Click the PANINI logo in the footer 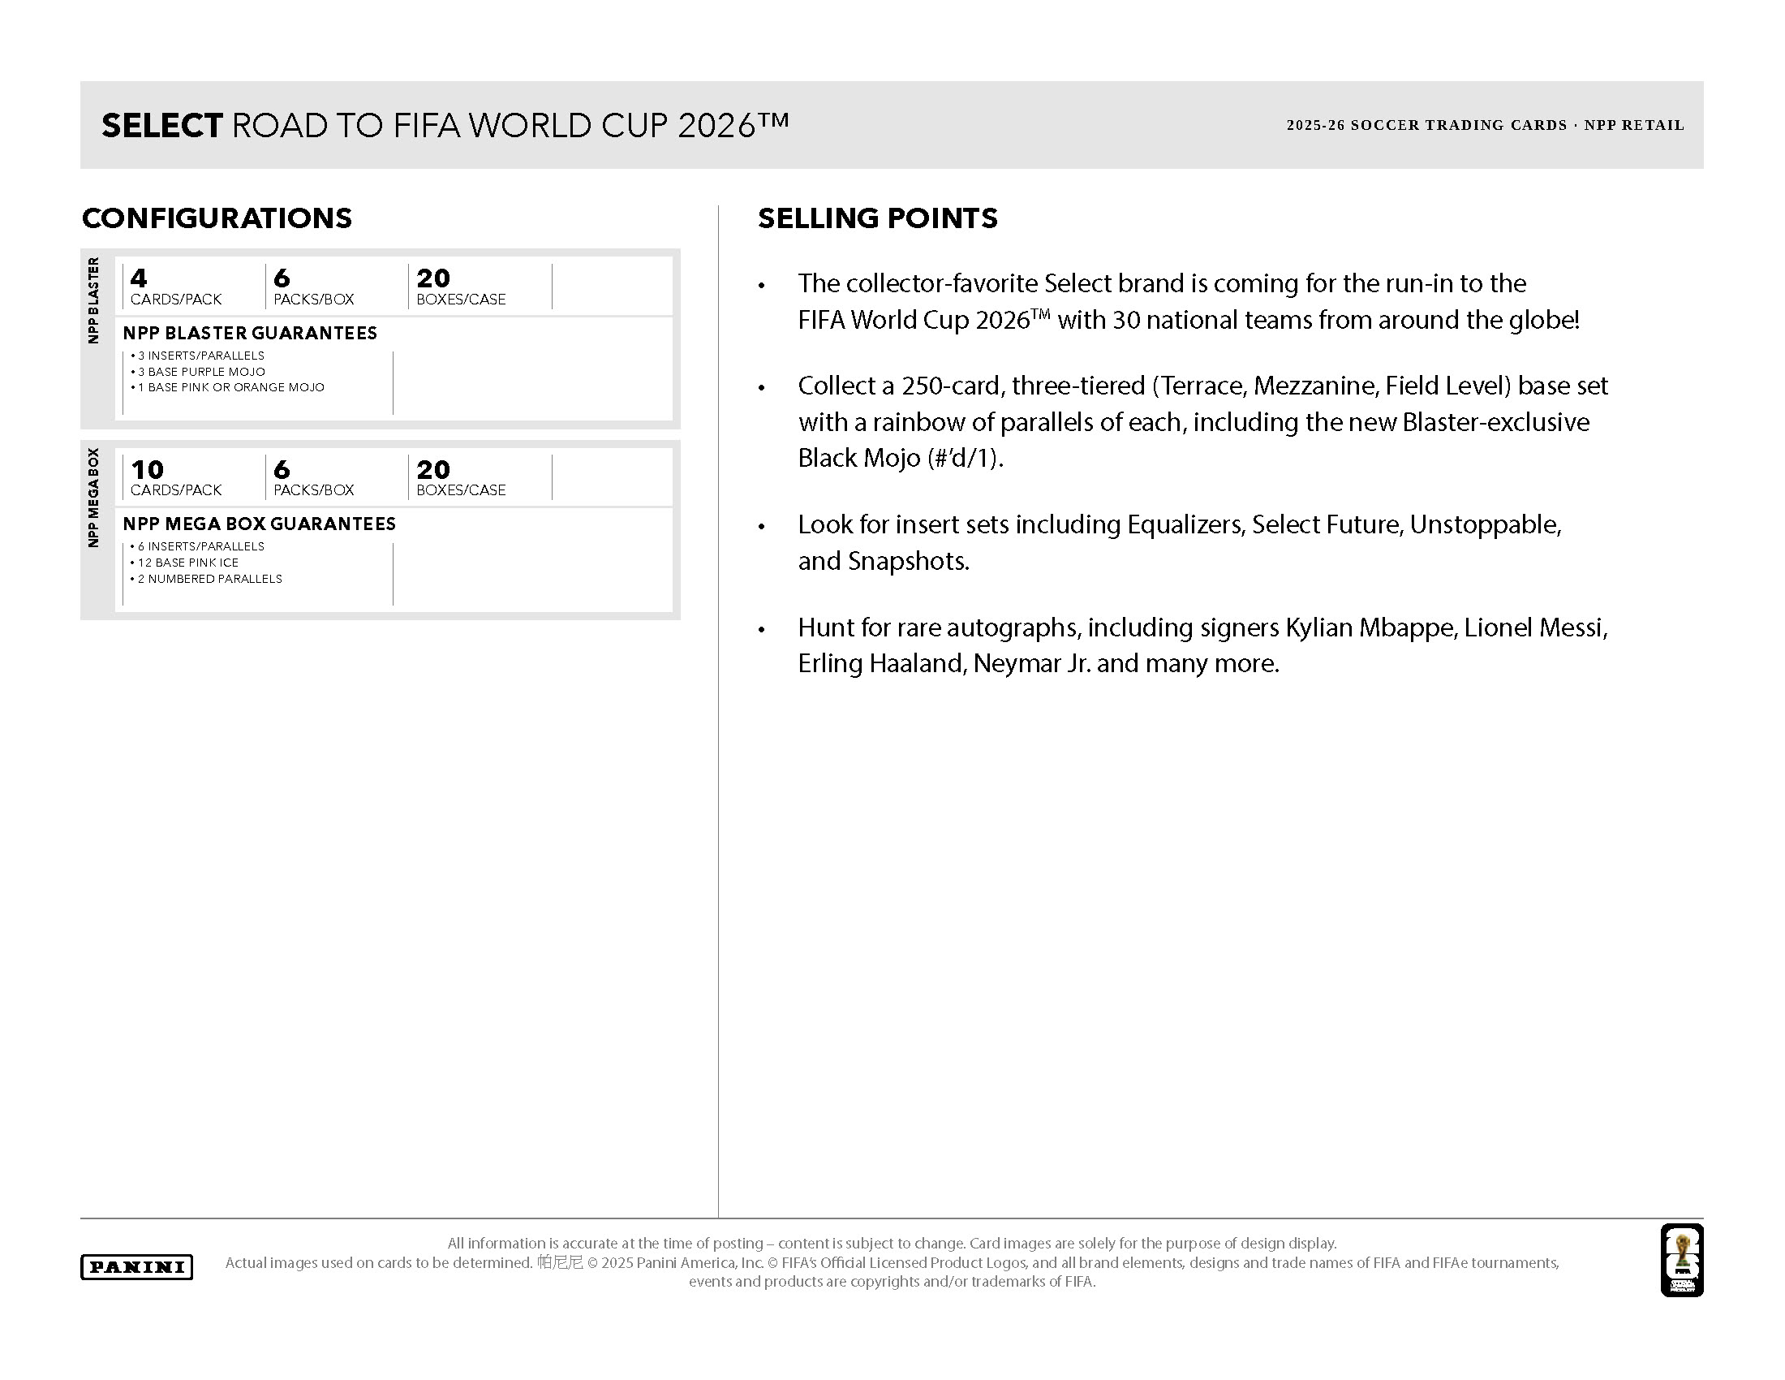(x=136, y=1266)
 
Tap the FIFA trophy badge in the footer (x=1681, y=1260)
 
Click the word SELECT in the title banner (x=161, y=126)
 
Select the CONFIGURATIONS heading (x=217, y=218)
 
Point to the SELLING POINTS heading (x=877, y=218)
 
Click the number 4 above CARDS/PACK (x=139, y=278)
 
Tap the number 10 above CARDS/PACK (x=147, y=469)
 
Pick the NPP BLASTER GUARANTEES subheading (x=250, y=333)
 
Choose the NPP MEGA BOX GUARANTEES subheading (x=259, y=524)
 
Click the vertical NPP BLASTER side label (x=93, y=300)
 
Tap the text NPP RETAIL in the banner (x=1634, y=126)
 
